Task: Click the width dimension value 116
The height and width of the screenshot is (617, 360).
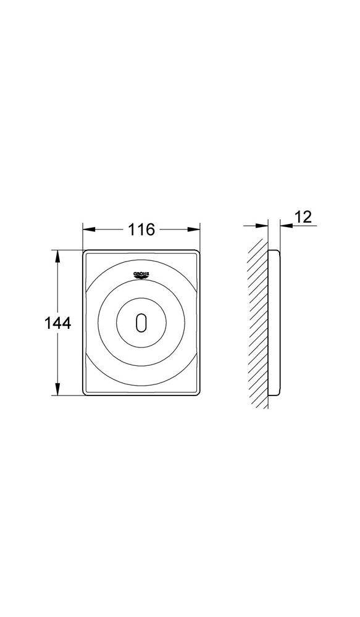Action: click(141, 230)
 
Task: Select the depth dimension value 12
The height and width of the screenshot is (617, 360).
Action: click(303, 217)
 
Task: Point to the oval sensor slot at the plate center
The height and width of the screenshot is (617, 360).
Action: click(141, 323)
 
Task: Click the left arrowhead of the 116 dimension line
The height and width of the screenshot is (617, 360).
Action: click(86, 230)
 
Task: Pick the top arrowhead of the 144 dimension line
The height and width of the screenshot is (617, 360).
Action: click(59, 254)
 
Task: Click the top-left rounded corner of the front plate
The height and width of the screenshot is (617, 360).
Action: click(85, 253)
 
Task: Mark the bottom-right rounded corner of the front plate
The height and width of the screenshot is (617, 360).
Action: click(198, 392)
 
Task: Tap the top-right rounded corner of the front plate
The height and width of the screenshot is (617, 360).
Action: click(198, 253)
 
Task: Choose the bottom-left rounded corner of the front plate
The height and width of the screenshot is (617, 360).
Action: click(85, 392)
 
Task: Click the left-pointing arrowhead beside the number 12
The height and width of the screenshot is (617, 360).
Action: click(285, 226)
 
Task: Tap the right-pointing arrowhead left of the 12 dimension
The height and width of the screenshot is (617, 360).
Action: click(264, 226)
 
